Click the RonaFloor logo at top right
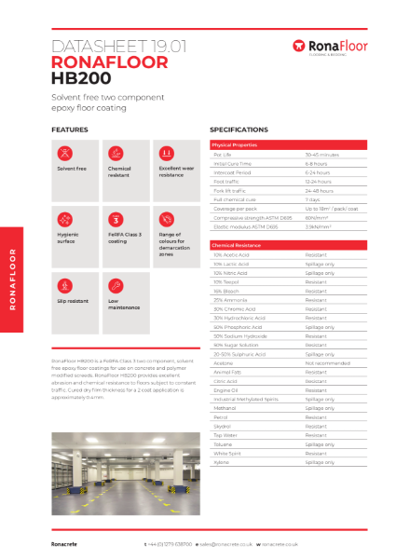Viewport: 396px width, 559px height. coord(329,46)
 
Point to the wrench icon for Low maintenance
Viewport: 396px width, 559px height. coord(116,285)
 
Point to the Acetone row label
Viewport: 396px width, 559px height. coord(223,363)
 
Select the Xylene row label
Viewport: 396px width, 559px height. coord(222,462)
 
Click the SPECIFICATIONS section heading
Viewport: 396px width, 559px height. coord(239,130)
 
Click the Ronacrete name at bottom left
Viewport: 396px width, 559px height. coord(66,542)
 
